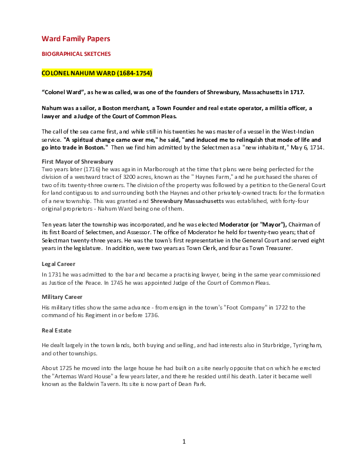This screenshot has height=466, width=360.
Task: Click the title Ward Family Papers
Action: click(x=76, y=39)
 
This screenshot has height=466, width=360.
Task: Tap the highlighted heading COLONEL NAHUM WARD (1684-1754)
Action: click(x=97, y=74)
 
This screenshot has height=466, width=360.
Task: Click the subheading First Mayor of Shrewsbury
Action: click(x=78, y=161)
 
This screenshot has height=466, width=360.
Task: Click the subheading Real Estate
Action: click(x=56, y=331)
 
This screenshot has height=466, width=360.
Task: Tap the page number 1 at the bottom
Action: click(x=184, y=441)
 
